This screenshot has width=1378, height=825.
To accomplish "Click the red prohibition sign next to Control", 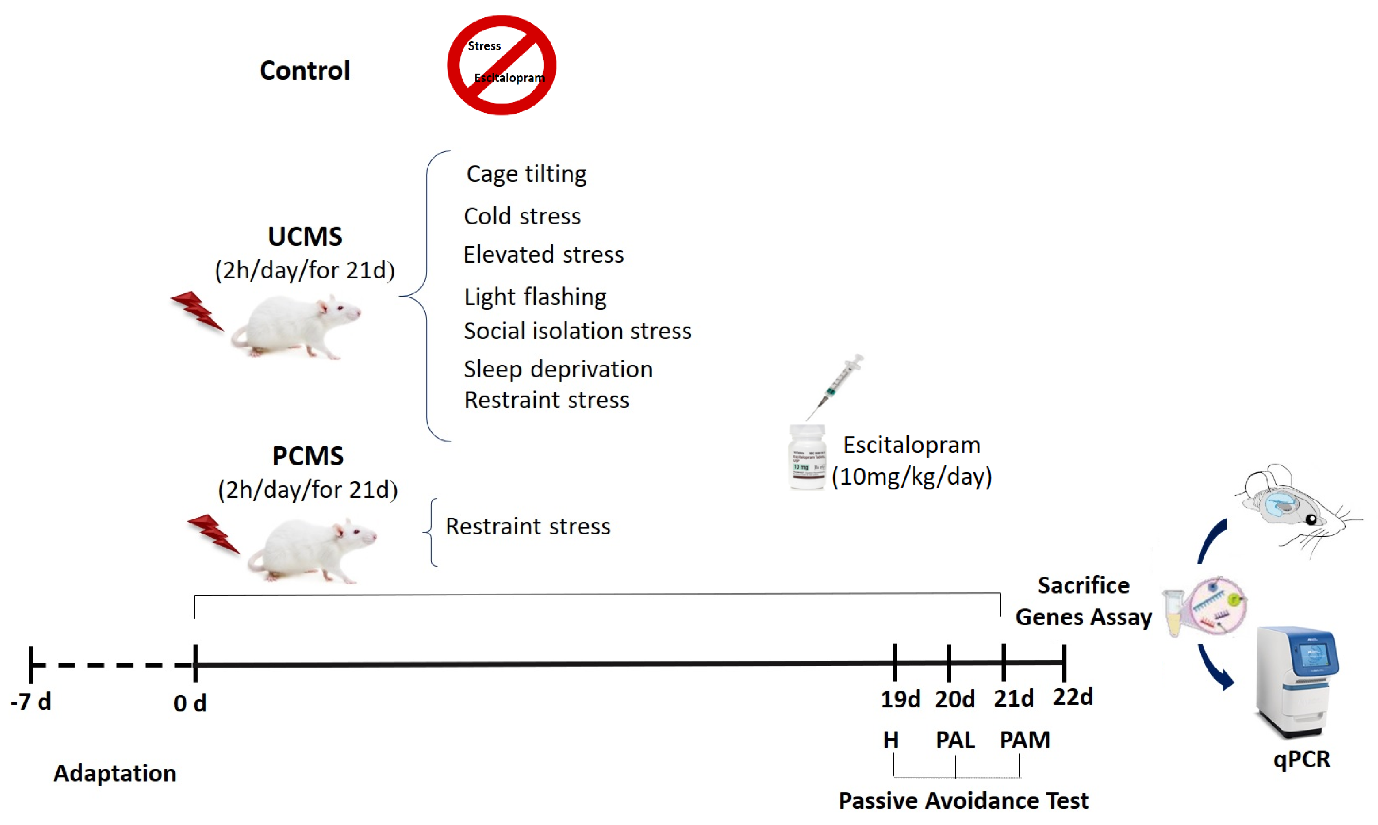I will click(502, 65).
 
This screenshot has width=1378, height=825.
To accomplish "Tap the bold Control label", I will click(305, 71).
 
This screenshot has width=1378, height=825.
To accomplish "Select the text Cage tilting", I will click(526, 174).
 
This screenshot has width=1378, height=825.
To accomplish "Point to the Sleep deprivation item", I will click(558, 369).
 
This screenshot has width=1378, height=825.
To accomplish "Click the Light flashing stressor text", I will click(535, 297).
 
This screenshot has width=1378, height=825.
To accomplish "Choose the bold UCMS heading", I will click(305, 237).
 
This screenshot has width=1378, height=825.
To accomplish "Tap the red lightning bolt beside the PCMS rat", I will click(213, 533).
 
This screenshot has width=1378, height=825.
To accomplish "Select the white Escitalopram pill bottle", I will click(807, 457).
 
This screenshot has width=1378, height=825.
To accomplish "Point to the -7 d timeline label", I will click(30, 702).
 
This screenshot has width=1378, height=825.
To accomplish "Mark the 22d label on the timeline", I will click(1072, 697).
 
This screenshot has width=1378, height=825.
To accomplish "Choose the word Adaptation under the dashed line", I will click(114, 773).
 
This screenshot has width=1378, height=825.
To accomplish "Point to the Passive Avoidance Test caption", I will click(963, 801).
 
